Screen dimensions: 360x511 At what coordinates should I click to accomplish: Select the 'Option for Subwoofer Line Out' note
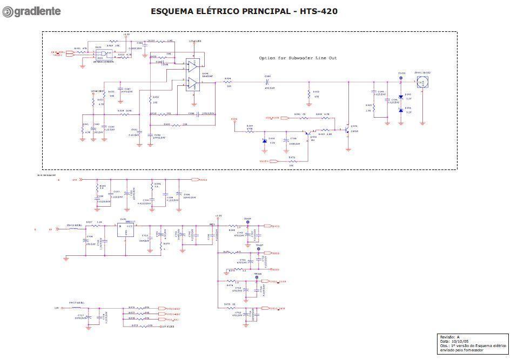[x=298, y=58]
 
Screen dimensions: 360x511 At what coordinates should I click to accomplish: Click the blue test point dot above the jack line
[x=401, y=78]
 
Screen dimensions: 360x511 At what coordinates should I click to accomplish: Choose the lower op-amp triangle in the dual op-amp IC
[x=193, y=83]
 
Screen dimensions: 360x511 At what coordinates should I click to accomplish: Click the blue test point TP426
[x=247, y=222]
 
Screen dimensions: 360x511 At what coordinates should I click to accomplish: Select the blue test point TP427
[x=258, y=249]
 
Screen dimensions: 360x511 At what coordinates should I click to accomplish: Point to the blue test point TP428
[x=257, y=277]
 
